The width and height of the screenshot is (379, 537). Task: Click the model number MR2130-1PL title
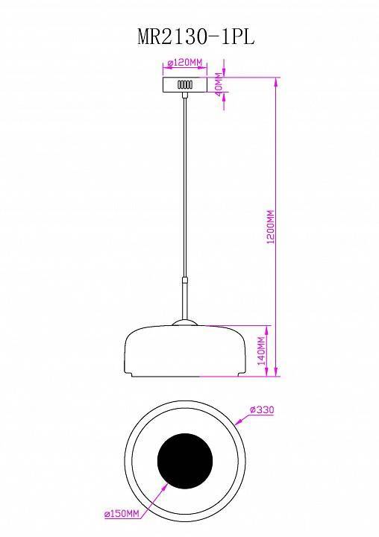click(x=196, y=38)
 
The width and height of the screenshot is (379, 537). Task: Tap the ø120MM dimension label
click(x=184, y=63)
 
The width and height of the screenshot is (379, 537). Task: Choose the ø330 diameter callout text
click(x=262, y=409)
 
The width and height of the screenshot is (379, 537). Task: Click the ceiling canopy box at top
click(x=184, y=84)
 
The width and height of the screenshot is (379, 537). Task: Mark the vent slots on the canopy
click(x=184, y=86)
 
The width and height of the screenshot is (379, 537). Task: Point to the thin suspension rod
click(x=184, y=186)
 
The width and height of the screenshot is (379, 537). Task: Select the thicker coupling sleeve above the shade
click(x=184, y=298)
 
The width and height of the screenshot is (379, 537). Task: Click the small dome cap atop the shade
click(x=184, y=323)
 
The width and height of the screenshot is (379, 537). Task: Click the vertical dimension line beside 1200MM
click(x=278, y=224)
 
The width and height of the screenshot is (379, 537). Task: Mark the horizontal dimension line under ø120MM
click(x=184, y=70)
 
